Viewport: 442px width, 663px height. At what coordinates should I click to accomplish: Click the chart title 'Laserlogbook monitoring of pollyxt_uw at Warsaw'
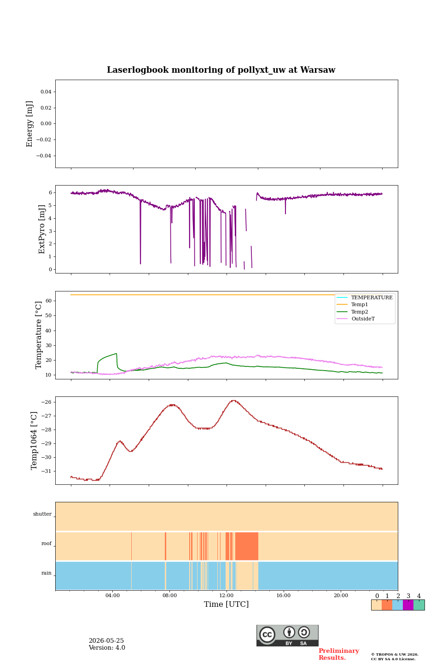pos(221,70)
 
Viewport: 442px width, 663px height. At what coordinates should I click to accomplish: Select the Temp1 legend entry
pos(359,305)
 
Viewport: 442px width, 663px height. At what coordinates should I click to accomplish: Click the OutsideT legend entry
pos(363,319)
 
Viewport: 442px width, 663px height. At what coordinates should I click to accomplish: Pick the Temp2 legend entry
pos(360,312)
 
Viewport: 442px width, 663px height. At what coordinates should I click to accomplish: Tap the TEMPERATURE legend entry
pos(372,297)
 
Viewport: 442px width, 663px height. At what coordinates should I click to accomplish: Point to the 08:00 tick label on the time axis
pos(169,595)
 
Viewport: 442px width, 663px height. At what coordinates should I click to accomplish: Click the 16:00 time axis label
pos(283,595)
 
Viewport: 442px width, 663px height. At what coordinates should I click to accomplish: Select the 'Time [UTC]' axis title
pos(226,604)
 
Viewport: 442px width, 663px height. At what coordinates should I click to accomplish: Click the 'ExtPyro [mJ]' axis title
pos(42,229)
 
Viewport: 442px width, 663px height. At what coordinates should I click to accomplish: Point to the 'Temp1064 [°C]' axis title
pos(34,441)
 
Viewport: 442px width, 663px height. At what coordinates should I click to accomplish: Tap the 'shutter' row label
pos(42,514)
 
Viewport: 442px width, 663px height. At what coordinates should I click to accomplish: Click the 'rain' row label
pos(47,573)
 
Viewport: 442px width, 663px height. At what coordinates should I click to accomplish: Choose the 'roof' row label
pos(47,543)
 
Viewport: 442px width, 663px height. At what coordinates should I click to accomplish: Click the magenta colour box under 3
pos(408,605)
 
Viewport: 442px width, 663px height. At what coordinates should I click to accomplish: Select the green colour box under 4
pos(419,605)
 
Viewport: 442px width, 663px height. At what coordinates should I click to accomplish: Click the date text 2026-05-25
pos(106,640)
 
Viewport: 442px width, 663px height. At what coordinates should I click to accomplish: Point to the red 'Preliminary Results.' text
pos(339,654)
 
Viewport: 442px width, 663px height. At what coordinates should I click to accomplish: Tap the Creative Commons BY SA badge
pos(287,635)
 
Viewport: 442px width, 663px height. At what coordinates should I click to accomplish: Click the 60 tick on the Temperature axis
pos(48,301)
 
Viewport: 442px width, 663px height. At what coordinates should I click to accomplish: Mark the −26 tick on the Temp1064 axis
pos(46,402)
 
